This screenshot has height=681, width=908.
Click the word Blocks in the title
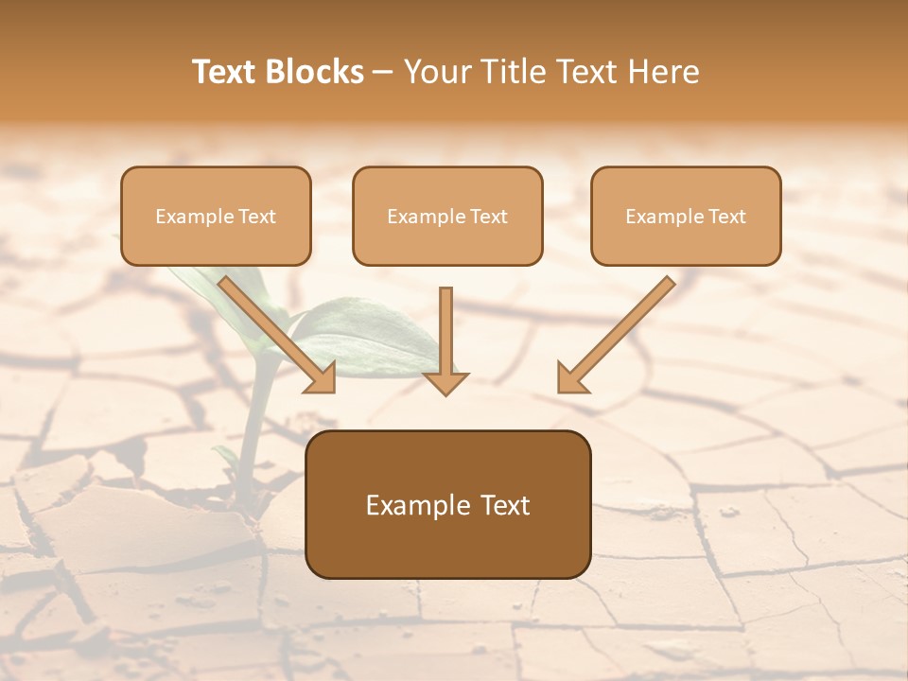pos(316,72)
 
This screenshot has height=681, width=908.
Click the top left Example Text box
pos(216,216)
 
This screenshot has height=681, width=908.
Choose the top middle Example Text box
pos(447,216)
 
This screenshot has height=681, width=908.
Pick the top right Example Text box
pos(686,216)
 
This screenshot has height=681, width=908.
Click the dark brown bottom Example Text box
pos(447,504)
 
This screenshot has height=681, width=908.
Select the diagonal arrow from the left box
pos(270,326)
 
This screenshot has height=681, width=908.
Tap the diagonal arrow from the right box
pos(624,326)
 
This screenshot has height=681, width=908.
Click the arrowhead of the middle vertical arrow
pos(445,381)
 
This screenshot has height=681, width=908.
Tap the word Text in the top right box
pos(726,217)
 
